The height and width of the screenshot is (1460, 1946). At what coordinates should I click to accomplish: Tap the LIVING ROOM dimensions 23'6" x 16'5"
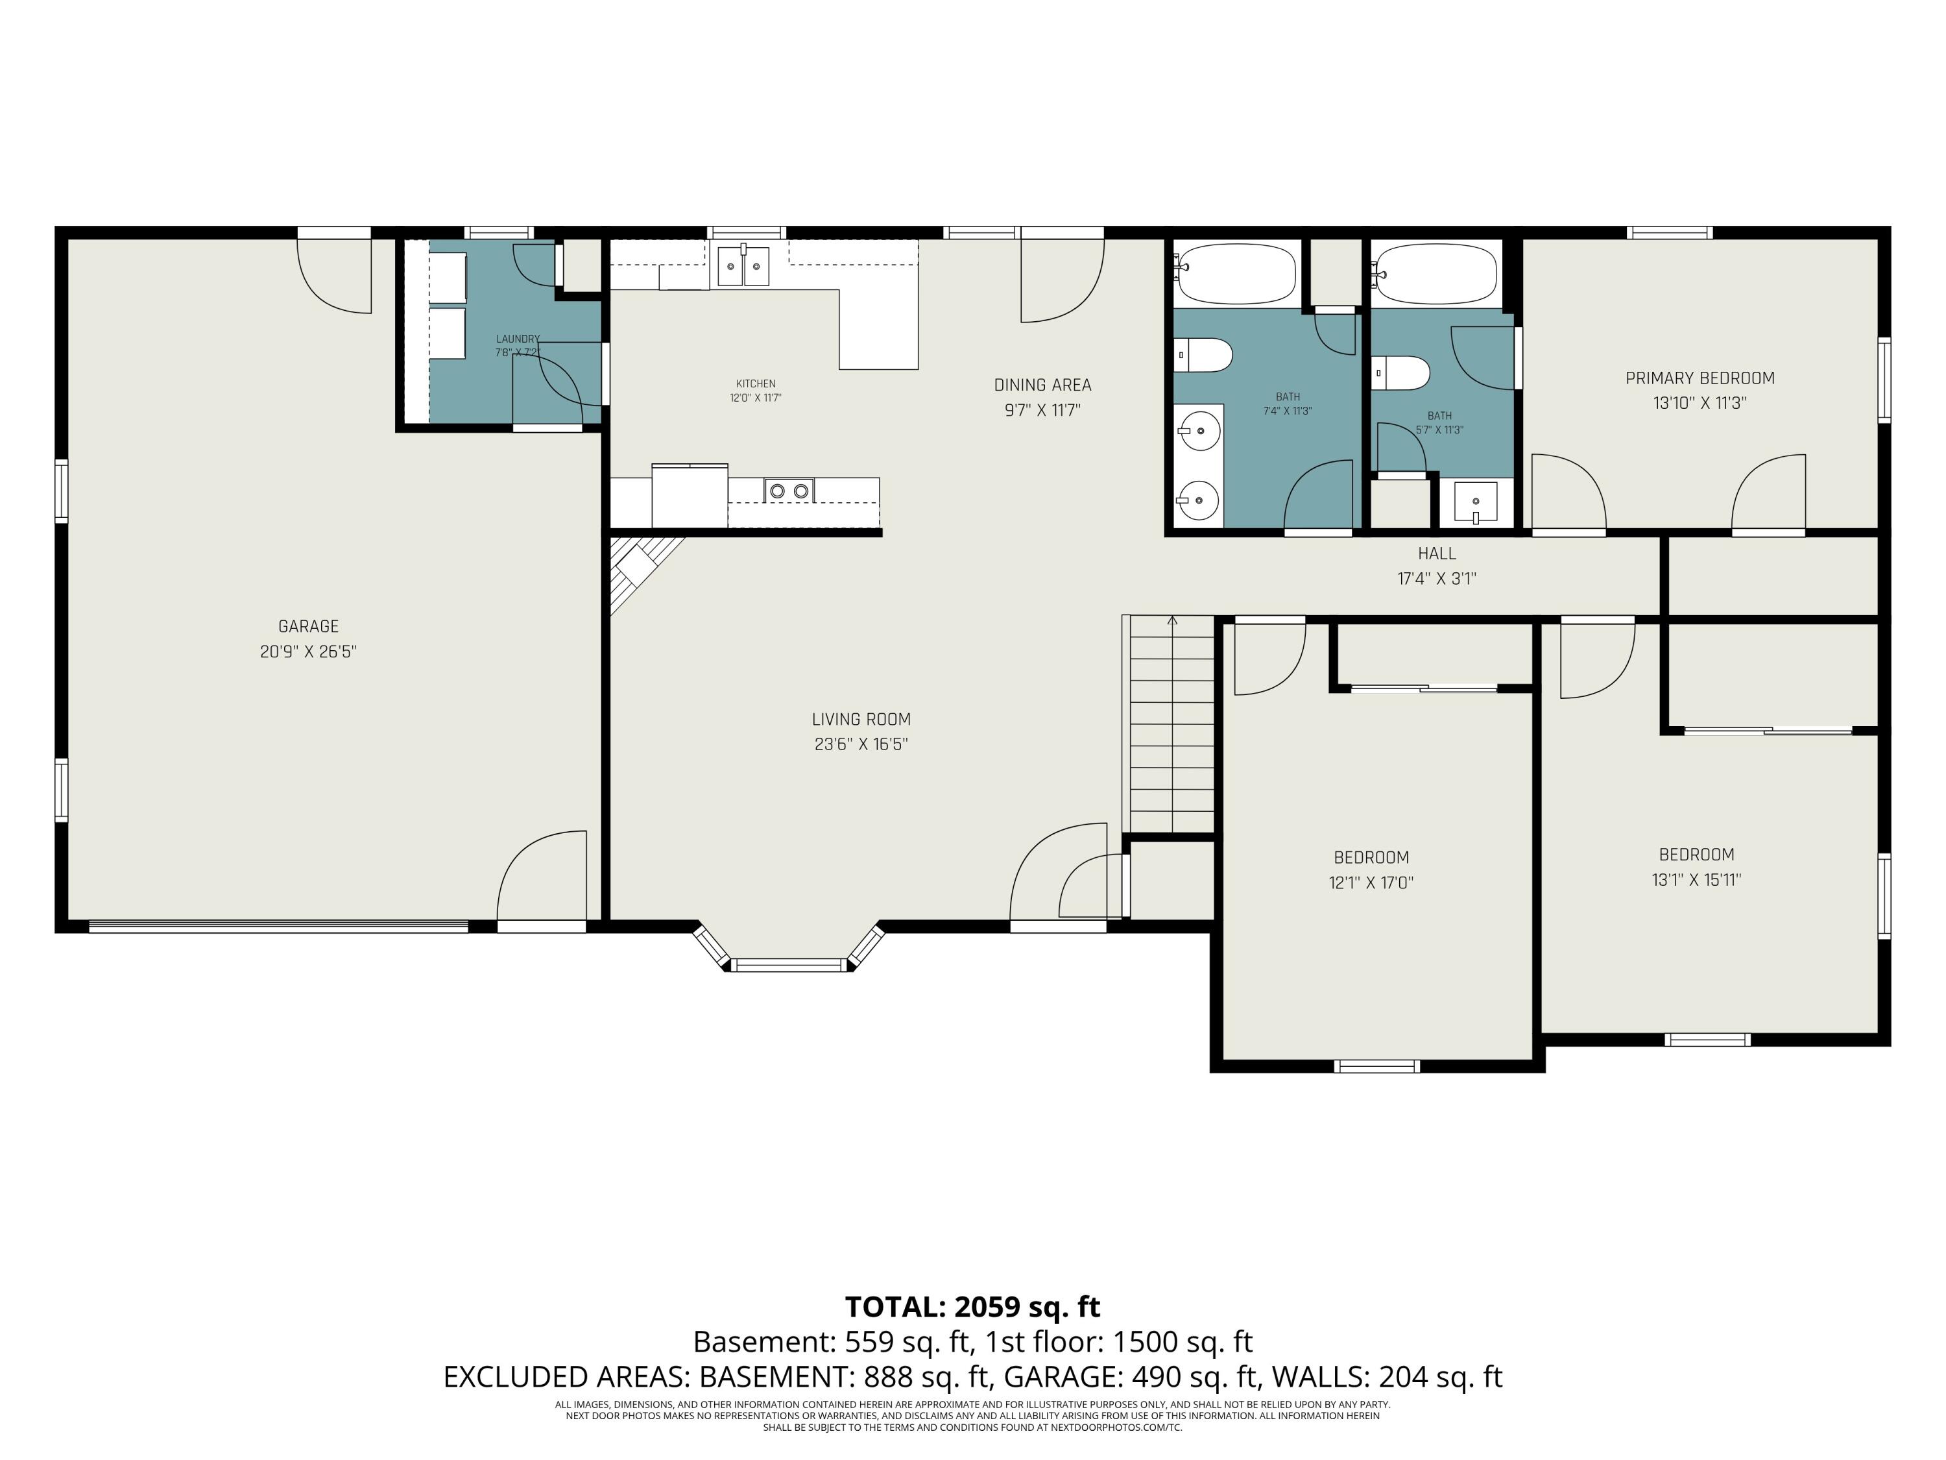pyautogui.click(x=860, y=744)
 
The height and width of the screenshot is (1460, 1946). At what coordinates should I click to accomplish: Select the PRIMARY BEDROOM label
pyautogui.click(x=1700, y=378)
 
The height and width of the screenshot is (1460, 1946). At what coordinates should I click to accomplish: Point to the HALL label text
pyautogui.click(x=1437, y=554)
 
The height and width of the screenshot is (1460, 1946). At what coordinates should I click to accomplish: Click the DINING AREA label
pyautogui.click(x=1042, y=385)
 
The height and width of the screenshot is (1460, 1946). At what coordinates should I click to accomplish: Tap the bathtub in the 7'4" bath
pyautogui.click(x=1236, y=274)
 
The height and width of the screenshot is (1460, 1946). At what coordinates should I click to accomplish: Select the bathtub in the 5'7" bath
pyautogui.click(x=1435, y=274)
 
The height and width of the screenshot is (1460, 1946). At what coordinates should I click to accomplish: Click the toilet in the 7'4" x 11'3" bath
pyautogui.click(x=1205, y=356)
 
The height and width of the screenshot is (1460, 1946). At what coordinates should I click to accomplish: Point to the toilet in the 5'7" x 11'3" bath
pyautogui.click(x=1402, y=373)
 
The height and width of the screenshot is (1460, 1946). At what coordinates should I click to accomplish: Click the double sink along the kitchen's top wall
pyautogui.click(x=743, y=267)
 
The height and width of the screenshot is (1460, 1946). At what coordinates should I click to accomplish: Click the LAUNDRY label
pyautogui.click(x=517, y=339)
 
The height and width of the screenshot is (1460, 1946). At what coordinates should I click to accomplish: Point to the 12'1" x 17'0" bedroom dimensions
pyautogui.click(x=1371, y=882)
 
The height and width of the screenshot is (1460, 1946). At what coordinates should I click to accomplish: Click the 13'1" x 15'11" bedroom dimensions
pyautogui.click(x=1696, y=880)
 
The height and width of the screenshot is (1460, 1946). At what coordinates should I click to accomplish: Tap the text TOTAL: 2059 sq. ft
pyautogui.click(x=972, y=1307)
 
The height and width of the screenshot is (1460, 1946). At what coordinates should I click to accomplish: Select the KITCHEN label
pyautogui.click(x=756, y=383)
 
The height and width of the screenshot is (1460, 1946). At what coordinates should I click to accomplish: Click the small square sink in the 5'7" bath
pyautogui.click(x=1475, y=502)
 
